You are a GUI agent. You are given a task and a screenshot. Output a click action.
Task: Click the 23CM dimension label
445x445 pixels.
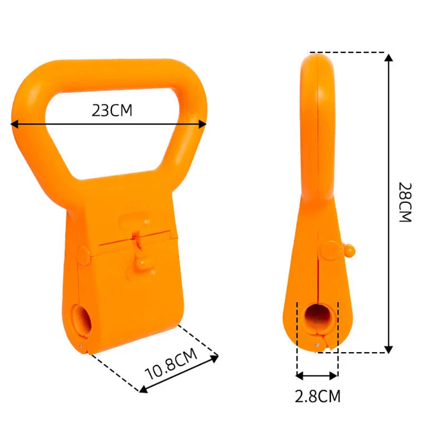pyautogui.click(x=112, y=110)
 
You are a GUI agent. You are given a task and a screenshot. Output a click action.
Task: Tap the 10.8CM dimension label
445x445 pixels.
pyautogui.click(x=171, y=364)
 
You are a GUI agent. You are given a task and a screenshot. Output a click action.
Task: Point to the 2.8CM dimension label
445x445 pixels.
pyautogui.click(x=317, y=396)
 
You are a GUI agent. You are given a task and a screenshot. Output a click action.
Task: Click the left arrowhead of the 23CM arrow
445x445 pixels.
pyautogui.click(x=15, y=125)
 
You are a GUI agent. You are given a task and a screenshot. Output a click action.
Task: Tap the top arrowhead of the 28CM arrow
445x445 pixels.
pyautogui.click(x=389, y=57)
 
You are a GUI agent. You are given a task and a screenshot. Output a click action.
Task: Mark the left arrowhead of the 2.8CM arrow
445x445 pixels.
pyautogui.click(x=300, y=375)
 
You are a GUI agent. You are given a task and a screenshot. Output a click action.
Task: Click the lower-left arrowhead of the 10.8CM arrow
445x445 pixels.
pyautogui.click(x=143, y=389)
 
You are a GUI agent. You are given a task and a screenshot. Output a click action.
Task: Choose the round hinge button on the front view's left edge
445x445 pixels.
pyautogui.click(x=83, y=254)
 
